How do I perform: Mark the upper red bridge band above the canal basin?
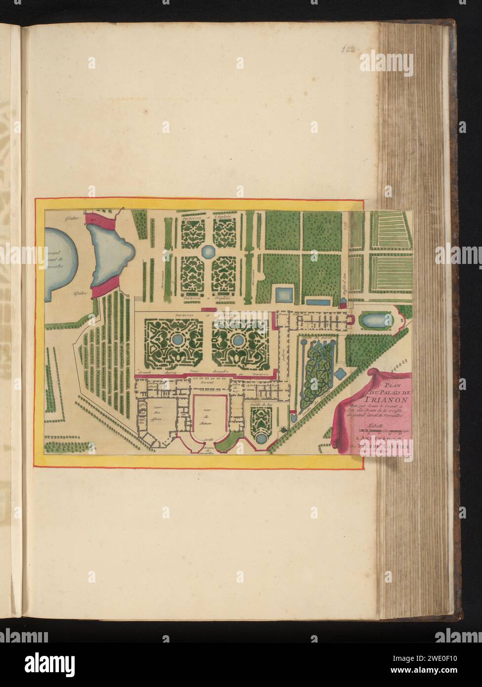99,218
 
